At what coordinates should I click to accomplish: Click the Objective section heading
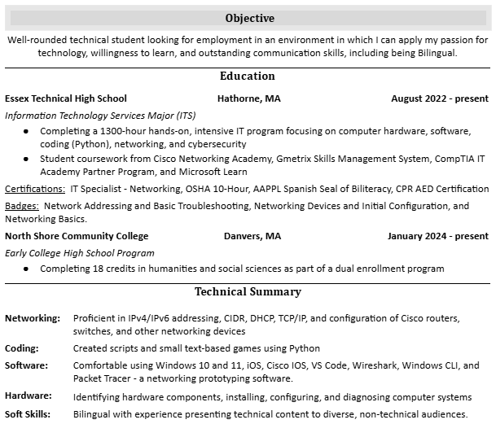pyautogui.click(x=249, y=18)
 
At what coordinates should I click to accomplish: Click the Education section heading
pyautogui.click(x=248, y=76)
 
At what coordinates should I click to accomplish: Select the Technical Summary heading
pyautogui.click(x=248, y=292)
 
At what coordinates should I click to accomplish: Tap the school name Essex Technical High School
pyautogui.click(x=66, y=98)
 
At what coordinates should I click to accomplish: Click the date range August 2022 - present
pyautogui.click(x=440, y=98)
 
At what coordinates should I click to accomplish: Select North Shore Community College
pyautogui.click(x=77, y=236)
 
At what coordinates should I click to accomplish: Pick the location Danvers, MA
pyautogui.click(x=252, y=236)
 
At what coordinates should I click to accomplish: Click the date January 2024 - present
pyautogui.click(x=438, y=236)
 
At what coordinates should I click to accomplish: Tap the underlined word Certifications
pyautogui.click(x=35, y=189)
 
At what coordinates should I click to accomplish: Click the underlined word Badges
pyautogui.click(x=22, y=206)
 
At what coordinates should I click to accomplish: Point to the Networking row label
pyautogui.click(x=33, y=318)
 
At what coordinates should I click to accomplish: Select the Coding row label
pyautogui.click(x=22, y=348)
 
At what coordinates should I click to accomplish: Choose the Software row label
pyautogui.click(x=26, y=365)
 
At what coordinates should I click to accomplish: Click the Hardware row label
pyautogui.click(x=29, y=396)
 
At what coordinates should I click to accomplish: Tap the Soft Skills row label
pyautogui.click(x=29, y=413)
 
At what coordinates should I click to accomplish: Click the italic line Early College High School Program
pyautogui.click(x=80, y=253)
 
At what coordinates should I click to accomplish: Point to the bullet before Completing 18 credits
pyautogui.click(x=27, y=269)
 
